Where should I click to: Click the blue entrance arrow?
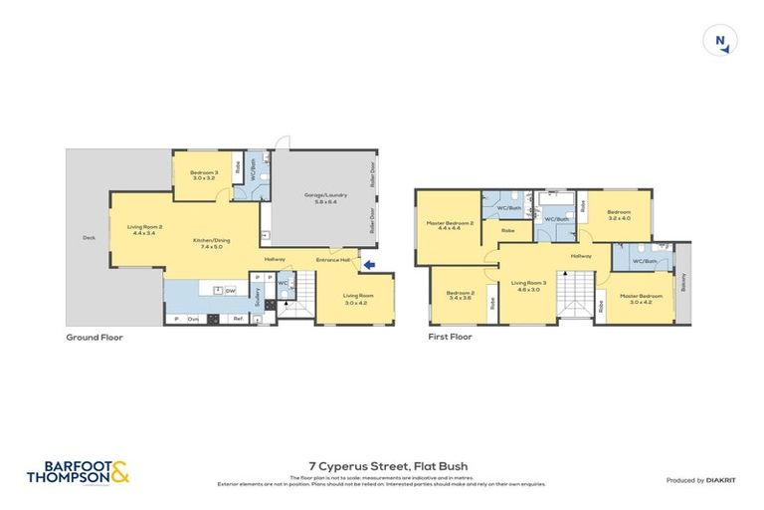point(369,264)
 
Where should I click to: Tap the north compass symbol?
point(720,41)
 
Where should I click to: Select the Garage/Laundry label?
point(319,198)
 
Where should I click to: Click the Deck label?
point(88,238)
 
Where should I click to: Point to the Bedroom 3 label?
point(204,175)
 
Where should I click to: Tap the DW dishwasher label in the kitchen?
point(230,291)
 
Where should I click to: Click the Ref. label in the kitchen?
point(239,319)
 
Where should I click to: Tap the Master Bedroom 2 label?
point(444,225)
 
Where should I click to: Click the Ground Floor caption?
point(94,337)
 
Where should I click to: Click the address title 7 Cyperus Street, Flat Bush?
point(382,465)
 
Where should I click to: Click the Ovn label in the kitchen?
point(193,319)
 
